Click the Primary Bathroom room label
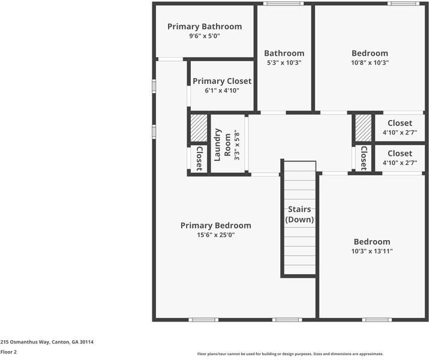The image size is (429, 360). tap(204, 26)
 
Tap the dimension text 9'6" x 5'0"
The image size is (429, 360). tap(204, 36)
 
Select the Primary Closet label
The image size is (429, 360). tap(222, 81)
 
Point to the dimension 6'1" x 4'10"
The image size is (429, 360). tap(222, 91)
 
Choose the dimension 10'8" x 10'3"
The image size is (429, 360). tap(370, 62)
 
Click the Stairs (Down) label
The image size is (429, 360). tap(299, 214)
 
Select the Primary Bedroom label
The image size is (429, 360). tap(215, 226)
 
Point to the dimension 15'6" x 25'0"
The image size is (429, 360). tap(215, 235)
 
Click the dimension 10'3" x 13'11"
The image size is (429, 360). tap(371, 251)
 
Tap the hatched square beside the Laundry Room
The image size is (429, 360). tap(199, 127)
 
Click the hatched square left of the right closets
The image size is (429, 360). tap(363, 127)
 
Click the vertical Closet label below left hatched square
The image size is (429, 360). tap(199, 158)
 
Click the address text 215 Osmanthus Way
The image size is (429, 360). tap(47, 342)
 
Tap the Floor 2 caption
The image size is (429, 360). tap(8, 352)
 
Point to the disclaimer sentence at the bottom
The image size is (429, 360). tap(290, 354)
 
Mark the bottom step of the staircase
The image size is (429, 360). tap(299, 270)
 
